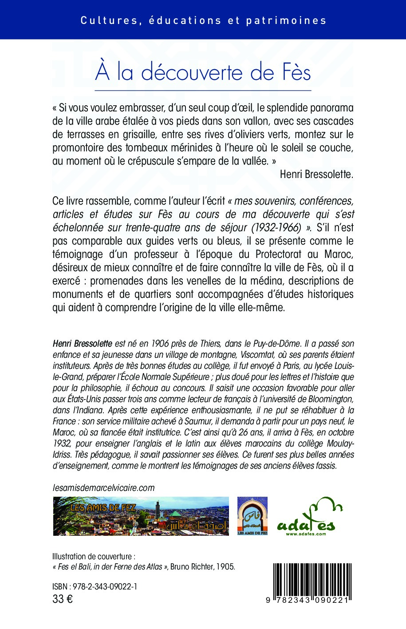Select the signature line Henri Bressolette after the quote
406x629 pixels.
click(x=316, y=174)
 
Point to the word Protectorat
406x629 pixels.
click(x=278, y=254)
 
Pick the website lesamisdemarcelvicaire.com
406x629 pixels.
click(x=103, y=487)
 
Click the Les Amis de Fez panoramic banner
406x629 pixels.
click(x=141, y=516)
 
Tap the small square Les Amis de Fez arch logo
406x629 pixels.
click(x=252, y=516)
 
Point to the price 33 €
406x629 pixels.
click(x=63, y=599)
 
